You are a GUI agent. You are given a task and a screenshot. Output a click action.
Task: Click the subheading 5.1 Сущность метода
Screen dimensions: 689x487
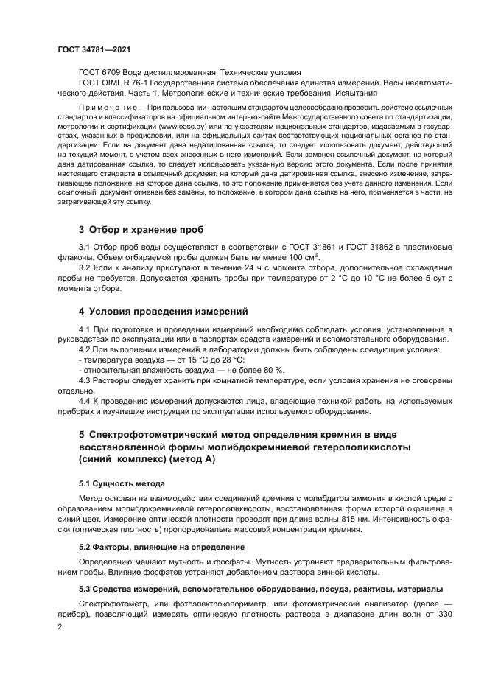point(122,483)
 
